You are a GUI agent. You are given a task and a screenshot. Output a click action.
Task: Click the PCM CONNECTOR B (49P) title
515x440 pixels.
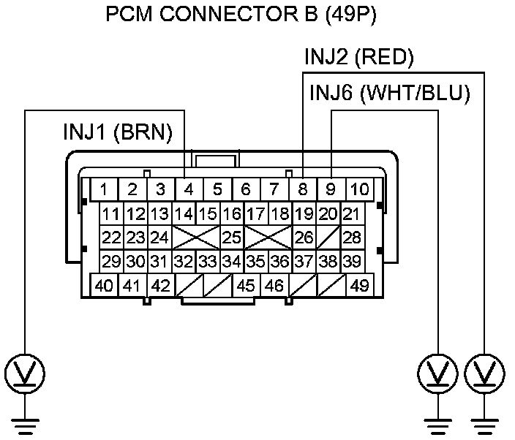(x=241, y=15)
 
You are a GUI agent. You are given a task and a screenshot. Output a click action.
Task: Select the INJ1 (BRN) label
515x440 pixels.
(x=118, y=132)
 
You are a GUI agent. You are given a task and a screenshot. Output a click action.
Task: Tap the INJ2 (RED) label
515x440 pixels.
(x=359, y=57)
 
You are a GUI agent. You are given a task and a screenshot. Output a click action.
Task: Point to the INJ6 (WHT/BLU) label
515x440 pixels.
(x=390, y=93)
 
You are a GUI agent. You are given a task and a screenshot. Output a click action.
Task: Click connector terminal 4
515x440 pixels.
(x=189, y=189)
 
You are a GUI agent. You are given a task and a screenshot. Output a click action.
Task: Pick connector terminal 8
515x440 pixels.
(x=303, y=189)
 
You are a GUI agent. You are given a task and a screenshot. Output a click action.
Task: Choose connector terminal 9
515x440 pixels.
(x=331, y=189)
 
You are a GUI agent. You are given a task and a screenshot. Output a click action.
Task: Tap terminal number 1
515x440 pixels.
(x=104, y=189)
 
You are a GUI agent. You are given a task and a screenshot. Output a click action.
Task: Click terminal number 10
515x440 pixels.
(x=360, y=189)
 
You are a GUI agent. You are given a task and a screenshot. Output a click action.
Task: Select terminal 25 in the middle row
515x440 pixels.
(x=232, y=238)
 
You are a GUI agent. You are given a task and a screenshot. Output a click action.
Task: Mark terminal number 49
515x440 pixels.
(x=360, y=286)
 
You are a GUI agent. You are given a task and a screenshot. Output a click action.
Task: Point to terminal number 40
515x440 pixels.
(x=104, y=286)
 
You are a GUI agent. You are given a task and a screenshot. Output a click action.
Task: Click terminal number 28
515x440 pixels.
(x=352, y=238)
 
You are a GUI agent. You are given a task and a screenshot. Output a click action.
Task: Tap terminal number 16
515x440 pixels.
(x=232, y=214)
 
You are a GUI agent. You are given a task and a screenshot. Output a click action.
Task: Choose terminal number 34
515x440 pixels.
(x=232, y=262)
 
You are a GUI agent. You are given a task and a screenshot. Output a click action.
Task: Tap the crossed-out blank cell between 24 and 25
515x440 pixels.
(x=196, y=238)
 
